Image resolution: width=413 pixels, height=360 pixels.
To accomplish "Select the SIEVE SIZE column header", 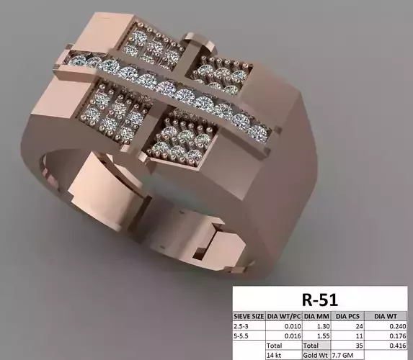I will pos(249,315).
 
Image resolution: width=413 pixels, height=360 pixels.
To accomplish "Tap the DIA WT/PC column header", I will pos(284,315).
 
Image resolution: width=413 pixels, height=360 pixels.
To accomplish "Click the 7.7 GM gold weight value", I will pos(343,355).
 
